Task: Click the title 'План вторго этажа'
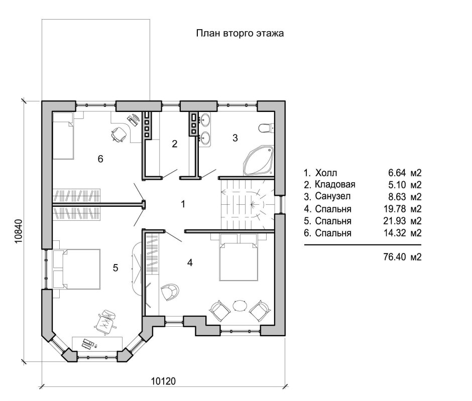(x=240, y=33)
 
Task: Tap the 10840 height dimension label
(x=19, y=231)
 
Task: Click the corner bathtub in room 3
(x=259, y=161)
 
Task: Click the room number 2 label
(x=175, y=144)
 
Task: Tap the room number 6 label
(x=100, y=159)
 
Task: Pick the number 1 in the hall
(x=183, y=204)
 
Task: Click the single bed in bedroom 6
(x=63, y=136)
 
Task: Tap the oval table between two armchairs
(x=240, y=306)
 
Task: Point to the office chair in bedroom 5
(x=105, y=322)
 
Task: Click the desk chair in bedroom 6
(x=119, y=133)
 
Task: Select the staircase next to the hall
(x=248, y=204)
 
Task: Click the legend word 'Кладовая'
(x=335, y=184)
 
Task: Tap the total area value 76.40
(x=395, y=257)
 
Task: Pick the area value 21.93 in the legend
(x=395, y=221)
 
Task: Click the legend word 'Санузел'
(x=332, y=196)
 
